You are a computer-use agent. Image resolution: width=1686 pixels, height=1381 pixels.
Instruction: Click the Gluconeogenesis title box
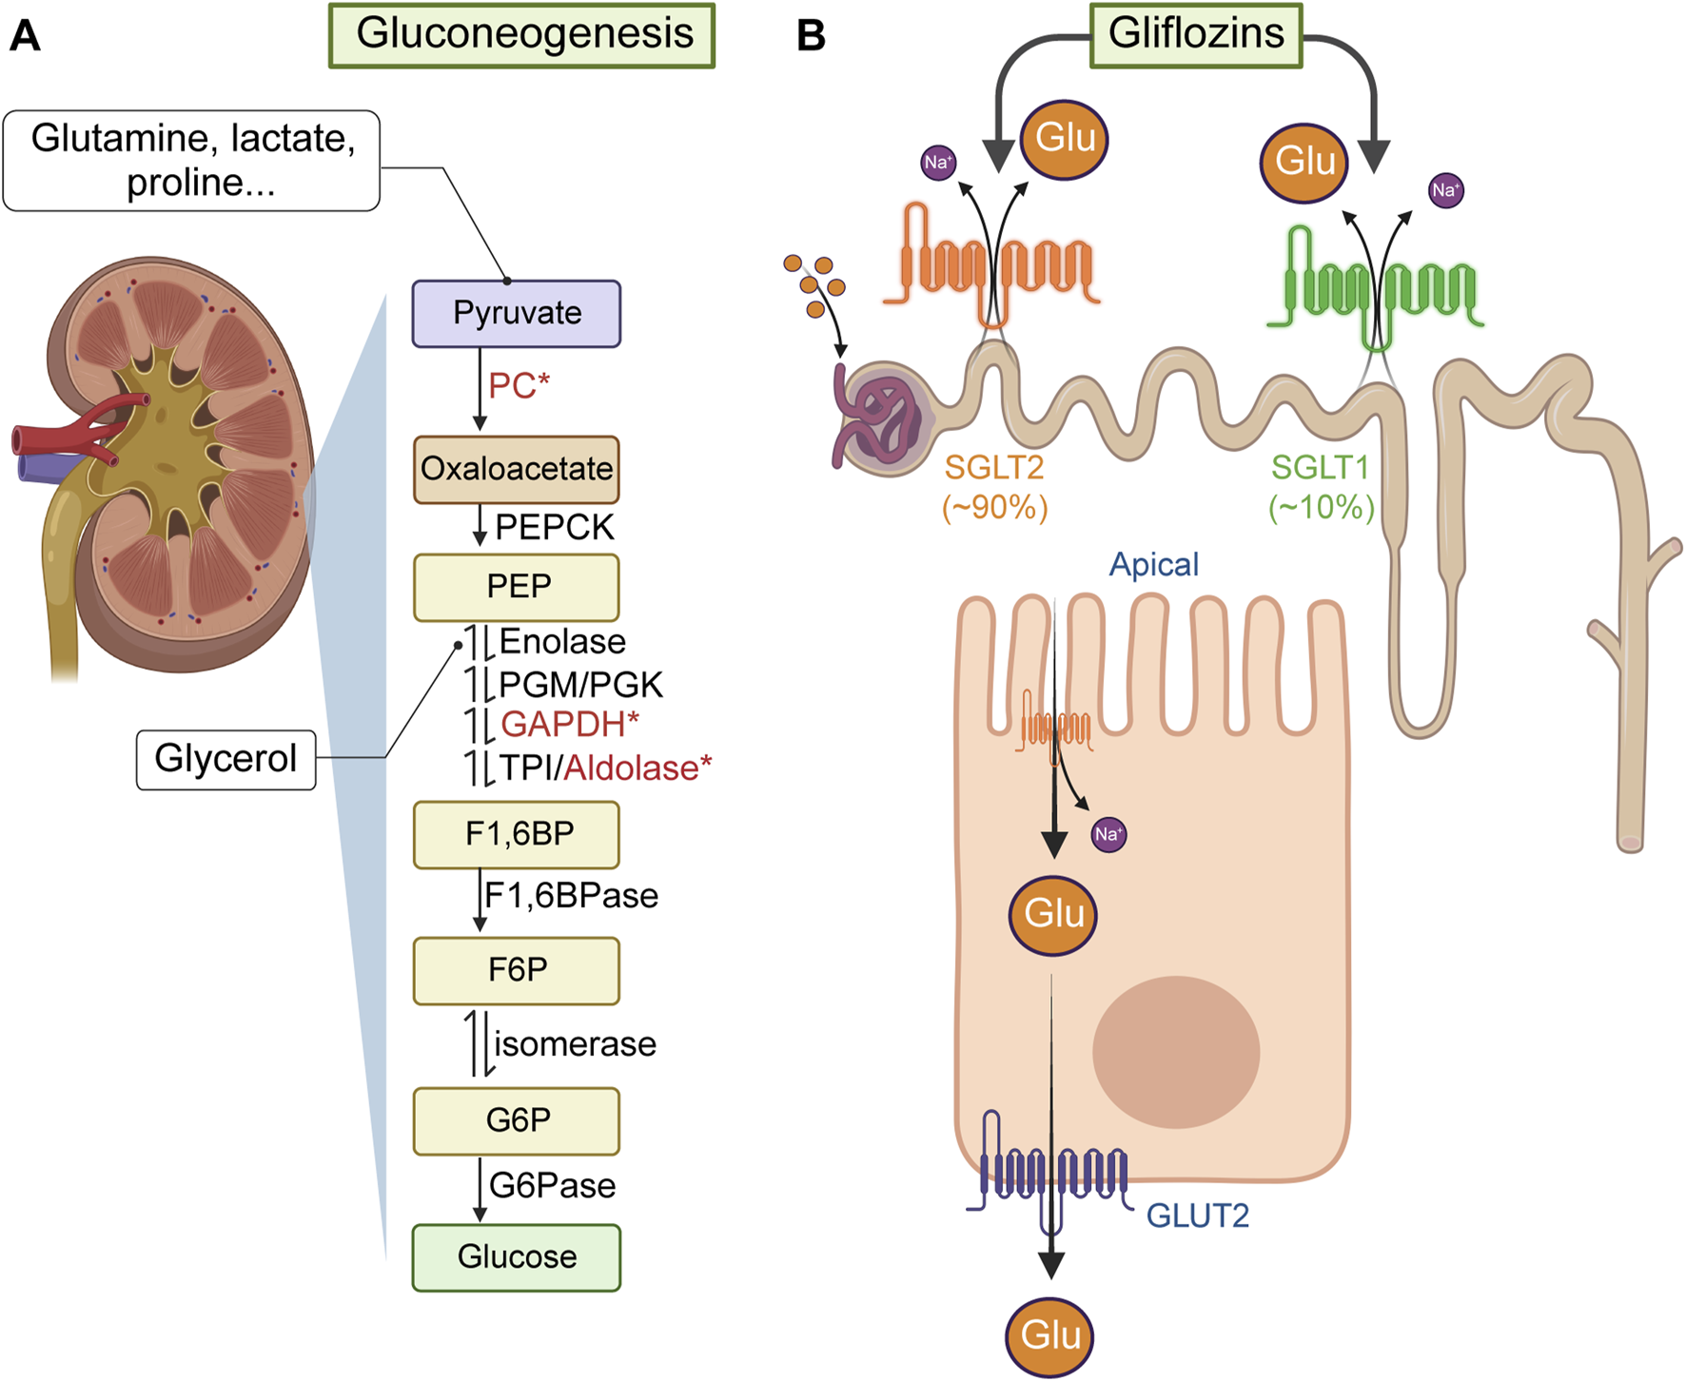click(x=521, y=35)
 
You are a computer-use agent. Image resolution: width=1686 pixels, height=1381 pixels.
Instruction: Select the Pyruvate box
click(x=516, y=313)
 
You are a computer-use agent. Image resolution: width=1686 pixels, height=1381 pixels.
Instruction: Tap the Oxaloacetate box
click(x=516, y=469)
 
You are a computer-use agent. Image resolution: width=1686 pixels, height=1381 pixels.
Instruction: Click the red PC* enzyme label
click(x=519, y=386)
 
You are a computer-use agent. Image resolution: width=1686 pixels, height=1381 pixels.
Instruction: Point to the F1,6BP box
click(x=517, y=834)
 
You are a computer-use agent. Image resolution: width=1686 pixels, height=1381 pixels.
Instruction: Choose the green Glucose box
click(x=516, y=1256)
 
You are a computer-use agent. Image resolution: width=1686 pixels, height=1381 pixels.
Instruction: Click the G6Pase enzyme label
click(x=552, y=1186)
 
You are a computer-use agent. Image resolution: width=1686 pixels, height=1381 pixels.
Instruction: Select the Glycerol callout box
click(x=225, y=759)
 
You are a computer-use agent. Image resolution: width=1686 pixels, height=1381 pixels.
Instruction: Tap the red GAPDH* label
click(x=569, y=725)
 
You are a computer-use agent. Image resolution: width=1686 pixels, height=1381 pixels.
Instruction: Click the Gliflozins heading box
click(x=1195, y=35)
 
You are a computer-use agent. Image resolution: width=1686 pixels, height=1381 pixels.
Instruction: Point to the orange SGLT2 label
click(x=993, y=467)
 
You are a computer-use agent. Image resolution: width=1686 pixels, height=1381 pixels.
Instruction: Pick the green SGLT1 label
click(x=1320, y=467)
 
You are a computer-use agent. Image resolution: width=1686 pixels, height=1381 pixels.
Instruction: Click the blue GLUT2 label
click(x=1197, y=1216)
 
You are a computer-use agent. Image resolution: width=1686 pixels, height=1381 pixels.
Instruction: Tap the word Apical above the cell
click(x=1153, y=564)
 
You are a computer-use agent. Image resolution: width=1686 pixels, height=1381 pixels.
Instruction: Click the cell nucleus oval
click(x=1176, y=1052)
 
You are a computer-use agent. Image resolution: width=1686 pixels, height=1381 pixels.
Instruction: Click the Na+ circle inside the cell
click(x=1108, y=834)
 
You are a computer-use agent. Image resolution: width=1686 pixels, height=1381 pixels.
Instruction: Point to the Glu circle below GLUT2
click(x=1049, y=1336)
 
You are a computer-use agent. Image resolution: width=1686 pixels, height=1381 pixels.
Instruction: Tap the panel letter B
click(x=811, y=35)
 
